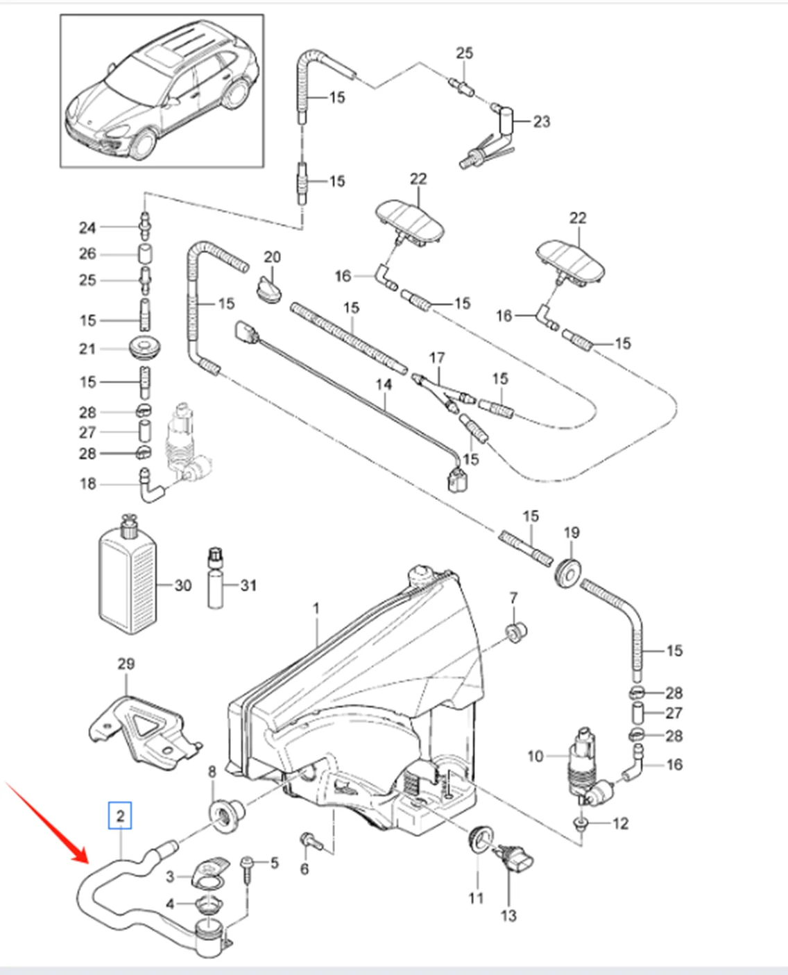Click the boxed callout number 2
(121, 816)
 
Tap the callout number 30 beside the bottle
(182, 585)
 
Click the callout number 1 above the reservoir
(316, 608)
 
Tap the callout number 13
(508, 915)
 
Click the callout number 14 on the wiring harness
(384, 383)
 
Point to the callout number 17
(437, 358)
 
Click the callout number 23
(541, 121)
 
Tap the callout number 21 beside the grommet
(87, 348)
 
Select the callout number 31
(248, 585)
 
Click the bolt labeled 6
(310, 842)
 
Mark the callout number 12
(620, 823)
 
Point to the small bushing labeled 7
(515, 631)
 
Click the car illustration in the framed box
(162, 92)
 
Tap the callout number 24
(87, 227)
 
